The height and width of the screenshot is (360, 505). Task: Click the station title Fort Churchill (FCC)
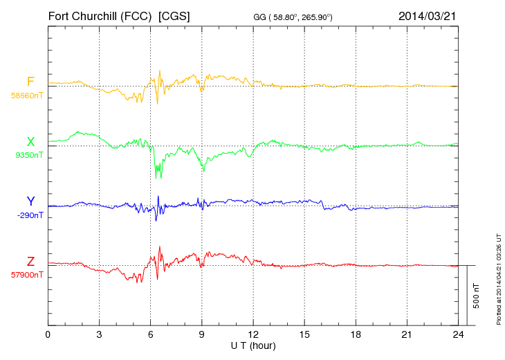pos(100,15)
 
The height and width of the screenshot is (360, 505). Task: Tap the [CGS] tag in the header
pos(174,15)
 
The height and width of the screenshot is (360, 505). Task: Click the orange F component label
pos(30,82)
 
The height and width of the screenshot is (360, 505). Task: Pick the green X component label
pos(30,142)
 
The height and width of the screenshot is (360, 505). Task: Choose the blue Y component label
pos(30,201)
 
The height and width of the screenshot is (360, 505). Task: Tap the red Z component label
pos(30,261)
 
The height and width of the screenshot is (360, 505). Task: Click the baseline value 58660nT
pos(27,96)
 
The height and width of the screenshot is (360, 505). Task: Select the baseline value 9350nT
pos(29,155)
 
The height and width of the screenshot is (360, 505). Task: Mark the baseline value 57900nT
pos(27,275)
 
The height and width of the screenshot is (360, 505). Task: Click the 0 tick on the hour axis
pos(48,335)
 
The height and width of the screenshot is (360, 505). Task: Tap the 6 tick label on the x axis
pos(150,335)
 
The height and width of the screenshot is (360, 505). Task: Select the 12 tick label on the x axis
pos(252,335)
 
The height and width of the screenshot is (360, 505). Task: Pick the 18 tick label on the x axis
pos(355,335)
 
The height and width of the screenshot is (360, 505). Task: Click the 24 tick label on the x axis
pos(457,335)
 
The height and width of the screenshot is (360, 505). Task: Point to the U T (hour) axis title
pos(252,345)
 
